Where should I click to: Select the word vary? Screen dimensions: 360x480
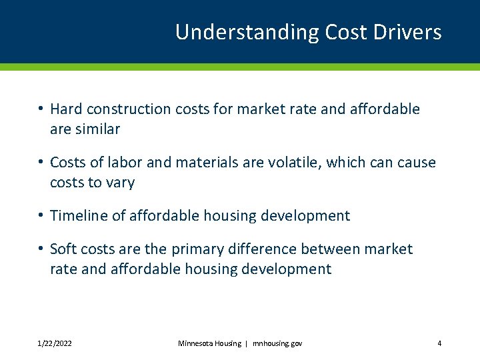tap(121, 183)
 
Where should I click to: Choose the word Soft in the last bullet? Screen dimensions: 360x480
tap(64, 249)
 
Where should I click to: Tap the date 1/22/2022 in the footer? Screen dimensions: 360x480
tap(55, 343)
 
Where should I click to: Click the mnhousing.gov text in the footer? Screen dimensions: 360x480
tap(277, 343)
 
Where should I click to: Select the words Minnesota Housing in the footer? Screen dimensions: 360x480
tap(209, 343)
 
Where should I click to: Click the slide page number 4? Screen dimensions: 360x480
tap(439, 343)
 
